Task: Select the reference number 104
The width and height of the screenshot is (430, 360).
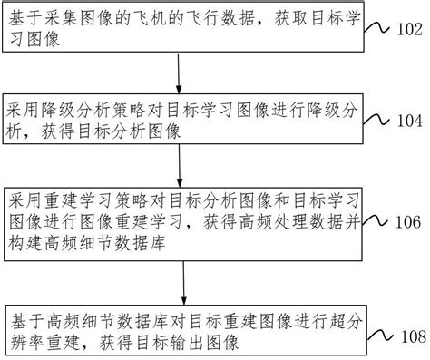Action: pyautogui.click(x=405, y=120)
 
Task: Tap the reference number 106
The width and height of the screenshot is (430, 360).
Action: pyautogui.click(x=405, y=222)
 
